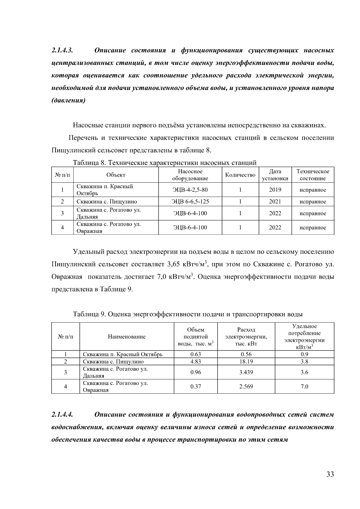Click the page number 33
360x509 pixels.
(330, 474)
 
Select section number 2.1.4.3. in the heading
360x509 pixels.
(62, 50)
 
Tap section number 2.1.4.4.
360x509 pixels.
(62, 415)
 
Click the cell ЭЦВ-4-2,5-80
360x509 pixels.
(190, 190)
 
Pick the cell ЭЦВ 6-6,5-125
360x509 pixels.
(190, 202)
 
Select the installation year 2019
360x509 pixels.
(275, 190)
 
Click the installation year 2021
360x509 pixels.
(275, 202)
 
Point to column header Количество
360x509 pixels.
(240, 175)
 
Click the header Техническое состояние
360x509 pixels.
(313, 175)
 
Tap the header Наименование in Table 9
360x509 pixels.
(127, 337)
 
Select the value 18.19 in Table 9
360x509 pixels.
(246, 362)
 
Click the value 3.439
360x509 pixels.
(246, 373)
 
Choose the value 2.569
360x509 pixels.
(246, 387)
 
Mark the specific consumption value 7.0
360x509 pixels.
(304, 387)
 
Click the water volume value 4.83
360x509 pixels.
(196, 362)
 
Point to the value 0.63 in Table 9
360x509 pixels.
(196, 354)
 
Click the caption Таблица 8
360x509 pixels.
(89, 163)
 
